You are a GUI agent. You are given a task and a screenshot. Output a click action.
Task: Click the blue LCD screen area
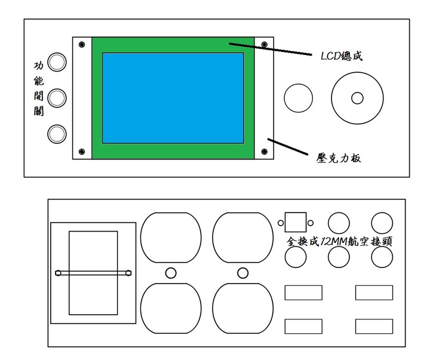tap(173, 97)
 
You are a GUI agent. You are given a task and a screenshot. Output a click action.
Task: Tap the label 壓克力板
tap(339, 159)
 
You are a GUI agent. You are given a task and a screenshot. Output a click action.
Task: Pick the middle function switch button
tap(57, 97)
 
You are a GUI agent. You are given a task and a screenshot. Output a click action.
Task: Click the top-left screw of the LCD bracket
tap(82, 45)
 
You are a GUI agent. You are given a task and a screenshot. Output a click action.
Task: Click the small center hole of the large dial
tap(357, 98)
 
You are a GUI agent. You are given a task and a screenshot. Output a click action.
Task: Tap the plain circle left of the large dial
tap(298, 98)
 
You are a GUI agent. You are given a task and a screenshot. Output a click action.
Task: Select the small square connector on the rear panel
tap(296, 223)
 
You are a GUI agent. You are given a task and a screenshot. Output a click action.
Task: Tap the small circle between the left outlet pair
tap(170, 273)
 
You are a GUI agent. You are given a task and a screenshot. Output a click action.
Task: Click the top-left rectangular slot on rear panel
tap(303, 293)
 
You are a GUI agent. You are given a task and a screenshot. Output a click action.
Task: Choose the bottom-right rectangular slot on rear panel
tap(374, 327)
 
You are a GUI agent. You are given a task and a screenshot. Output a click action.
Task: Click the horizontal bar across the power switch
tap(94, 273)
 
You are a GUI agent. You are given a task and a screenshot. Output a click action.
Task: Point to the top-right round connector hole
tap(382, 223)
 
